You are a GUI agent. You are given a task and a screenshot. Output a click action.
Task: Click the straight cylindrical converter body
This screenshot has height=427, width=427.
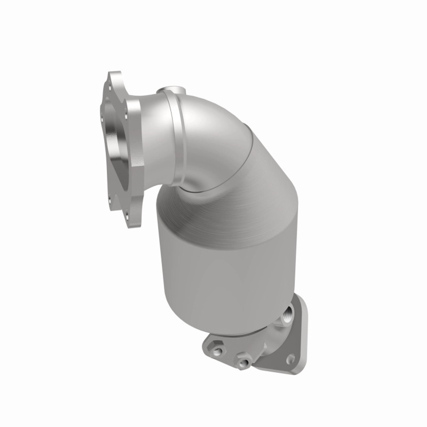click(x=217, y=267)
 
